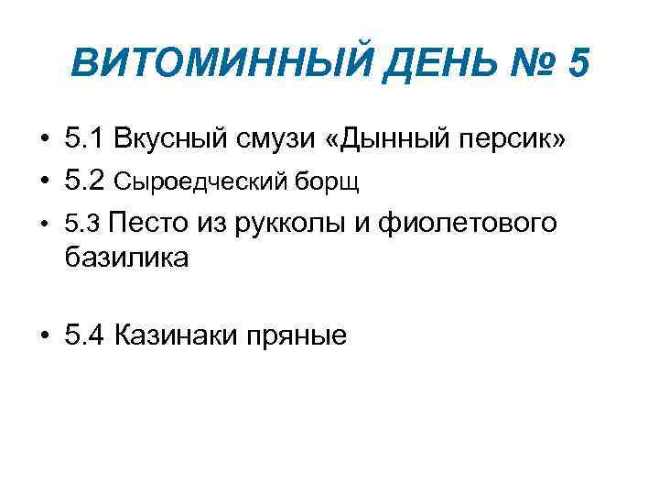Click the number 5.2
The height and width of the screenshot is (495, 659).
point(85,181)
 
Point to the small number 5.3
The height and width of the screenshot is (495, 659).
point(83,223)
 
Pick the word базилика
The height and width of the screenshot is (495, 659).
point(126,258)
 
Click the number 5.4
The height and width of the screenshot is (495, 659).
point(85,335)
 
